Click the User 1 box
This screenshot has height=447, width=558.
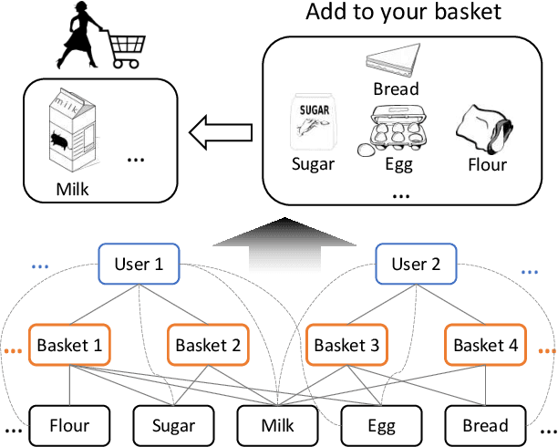click(x=139, y=265)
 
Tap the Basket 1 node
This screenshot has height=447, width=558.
click(x=70, y=346)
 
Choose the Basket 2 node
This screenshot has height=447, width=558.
click(x=208, y=346)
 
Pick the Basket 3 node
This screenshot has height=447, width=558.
click(x=346, y=346)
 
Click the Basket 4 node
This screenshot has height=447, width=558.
click(x=485, y=346)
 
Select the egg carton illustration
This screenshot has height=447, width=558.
click(x=398, y=130)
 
